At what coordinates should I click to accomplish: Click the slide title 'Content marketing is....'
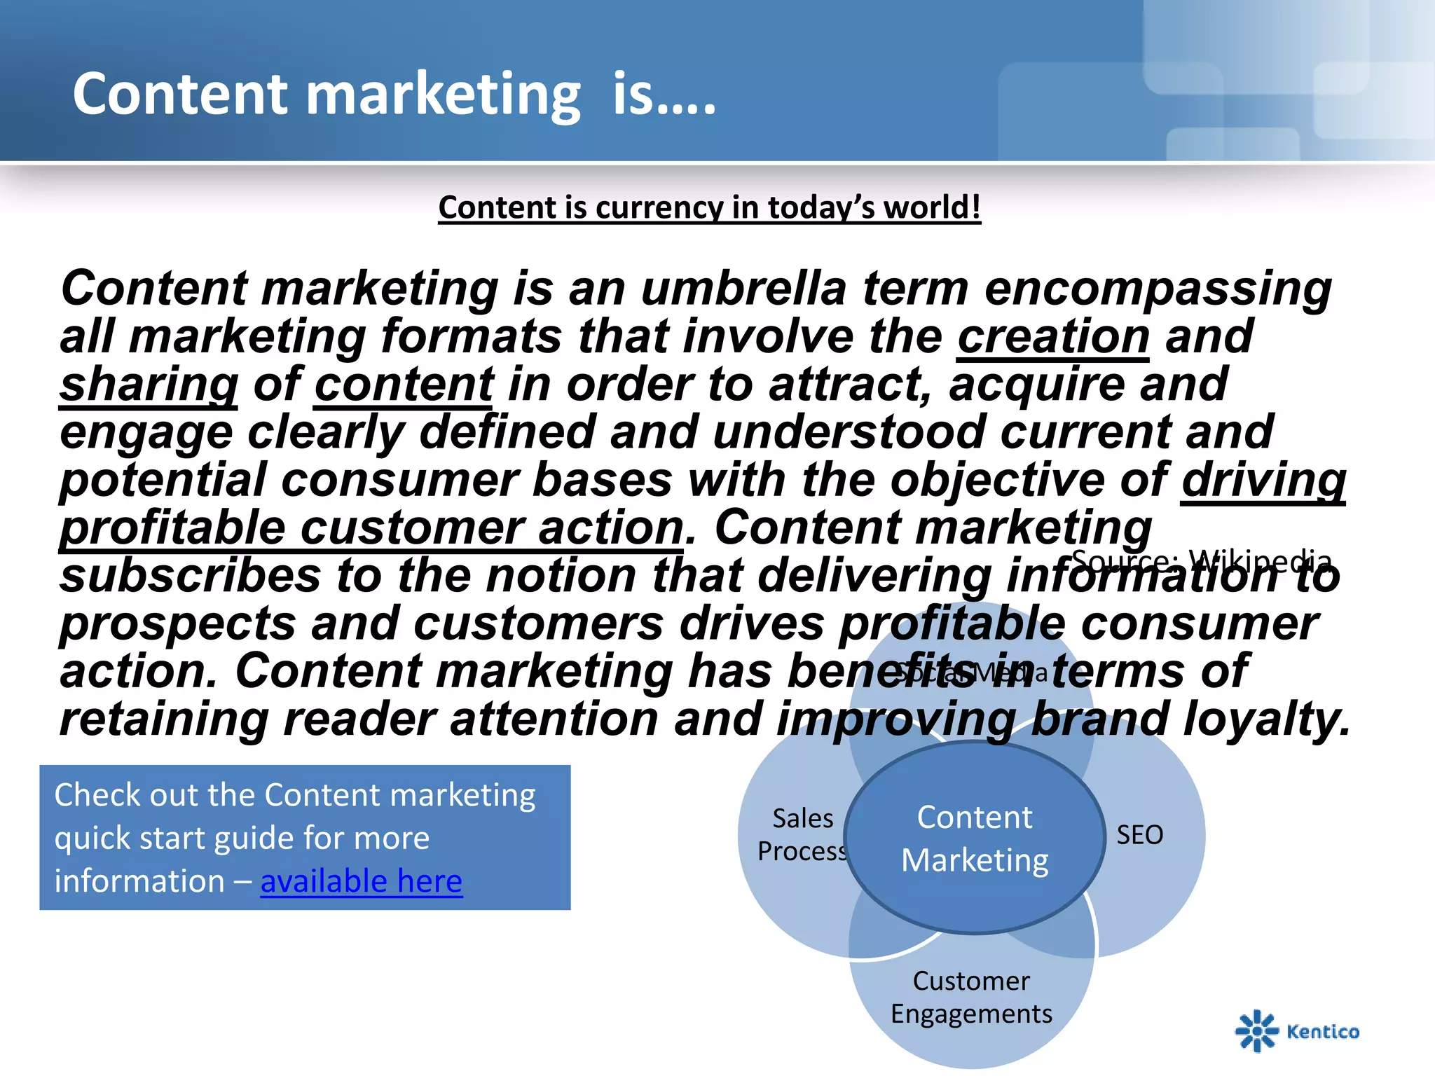click(394, 94)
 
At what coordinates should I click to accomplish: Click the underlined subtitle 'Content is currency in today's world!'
click(709, 207)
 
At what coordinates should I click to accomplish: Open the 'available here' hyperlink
click(361, 881)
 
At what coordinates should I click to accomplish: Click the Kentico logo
click(1297, 1030)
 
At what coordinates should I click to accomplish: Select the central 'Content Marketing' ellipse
click(974, 839)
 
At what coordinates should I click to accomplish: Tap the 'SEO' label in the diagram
click(1139, 835)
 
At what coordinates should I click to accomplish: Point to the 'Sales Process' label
click(802, 834)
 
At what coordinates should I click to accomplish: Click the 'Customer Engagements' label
click(971, 998)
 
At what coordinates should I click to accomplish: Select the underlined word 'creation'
click(1052, 337)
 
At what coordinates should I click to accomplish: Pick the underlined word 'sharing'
click(149, 385)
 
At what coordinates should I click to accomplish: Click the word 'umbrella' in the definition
click(743, 288)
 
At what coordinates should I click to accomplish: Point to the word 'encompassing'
click(1158, 289)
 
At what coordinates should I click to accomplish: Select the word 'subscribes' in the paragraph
click(190, 576)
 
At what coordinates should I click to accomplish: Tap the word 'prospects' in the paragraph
click(178, 623)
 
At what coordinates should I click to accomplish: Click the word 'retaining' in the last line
click(164, 719)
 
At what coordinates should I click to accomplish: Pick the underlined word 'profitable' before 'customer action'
click(172, 527)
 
